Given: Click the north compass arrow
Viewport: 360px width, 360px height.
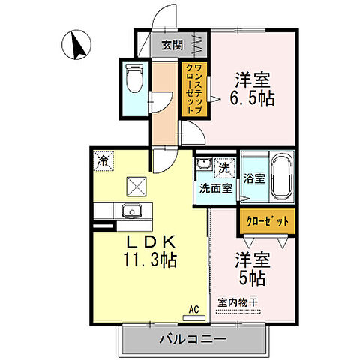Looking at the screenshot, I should [x=76, y=44].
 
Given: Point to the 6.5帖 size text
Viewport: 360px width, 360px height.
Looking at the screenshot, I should [x=251, y=97].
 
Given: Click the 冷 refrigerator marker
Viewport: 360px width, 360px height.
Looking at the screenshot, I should [x=102, y=160].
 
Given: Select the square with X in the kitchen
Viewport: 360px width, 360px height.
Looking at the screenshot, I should [x=137, y=184].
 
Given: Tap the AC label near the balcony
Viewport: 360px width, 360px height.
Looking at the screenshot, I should [x=193, y=308].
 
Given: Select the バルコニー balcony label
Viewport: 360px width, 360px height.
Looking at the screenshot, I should [x=193, y=339].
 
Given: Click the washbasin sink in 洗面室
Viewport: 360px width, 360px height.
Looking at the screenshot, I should [x=202, y=166].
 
